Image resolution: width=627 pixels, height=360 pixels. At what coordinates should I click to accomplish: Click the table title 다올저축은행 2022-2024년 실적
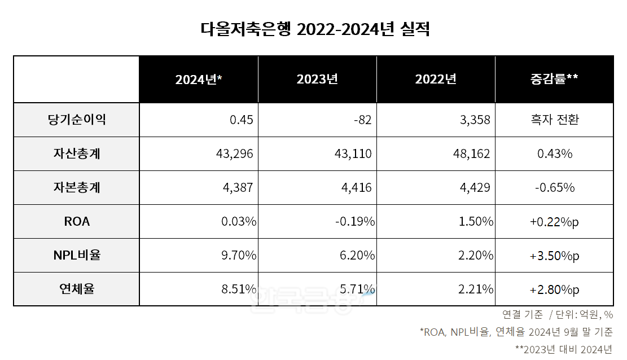click(x=315, y=30)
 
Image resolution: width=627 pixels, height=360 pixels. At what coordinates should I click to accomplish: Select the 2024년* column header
click(x=198, y=80)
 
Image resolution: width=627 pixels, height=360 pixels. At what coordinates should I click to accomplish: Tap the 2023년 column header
click(x=317, y=80)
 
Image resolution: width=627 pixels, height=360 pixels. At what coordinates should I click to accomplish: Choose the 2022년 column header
click(x=436, y=80)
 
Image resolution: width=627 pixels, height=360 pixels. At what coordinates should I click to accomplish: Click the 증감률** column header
click(x=554, y=80)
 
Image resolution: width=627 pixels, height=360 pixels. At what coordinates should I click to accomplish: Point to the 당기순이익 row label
click(x=77, y=120)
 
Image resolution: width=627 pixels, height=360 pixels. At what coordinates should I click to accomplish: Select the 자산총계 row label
click(x=77, y=153)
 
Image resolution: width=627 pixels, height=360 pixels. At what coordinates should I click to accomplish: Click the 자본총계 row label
click(x=77, y=187)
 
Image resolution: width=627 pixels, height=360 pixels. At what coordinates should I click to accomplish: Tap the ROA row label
click(x=77, y=221)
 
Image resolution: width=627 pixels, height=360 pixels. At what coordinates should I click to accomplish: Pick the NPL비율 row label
click(x=77, y=255)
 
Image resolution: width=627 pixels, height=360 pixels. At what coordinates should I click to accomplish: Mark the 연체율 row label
click(x=77, y=289)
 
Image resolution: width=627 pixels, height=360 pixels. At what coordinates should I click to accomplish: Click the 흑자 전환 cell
click(x=554, y=120)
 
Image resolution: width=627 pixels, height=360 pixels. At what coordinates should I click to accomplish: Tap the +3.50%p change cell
click(x=554, y=255)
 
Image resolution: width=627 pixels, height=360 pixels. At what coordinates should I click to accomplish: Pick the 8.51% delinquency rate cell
click(x=239, y=289)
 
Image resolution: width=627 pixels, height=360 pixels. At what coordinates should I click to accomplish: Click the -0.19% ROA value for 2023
click(x=355, y=221)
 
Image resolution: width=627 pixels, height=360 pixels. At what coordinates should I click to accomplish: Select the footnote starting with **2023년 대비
click(x=564, y=349)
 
